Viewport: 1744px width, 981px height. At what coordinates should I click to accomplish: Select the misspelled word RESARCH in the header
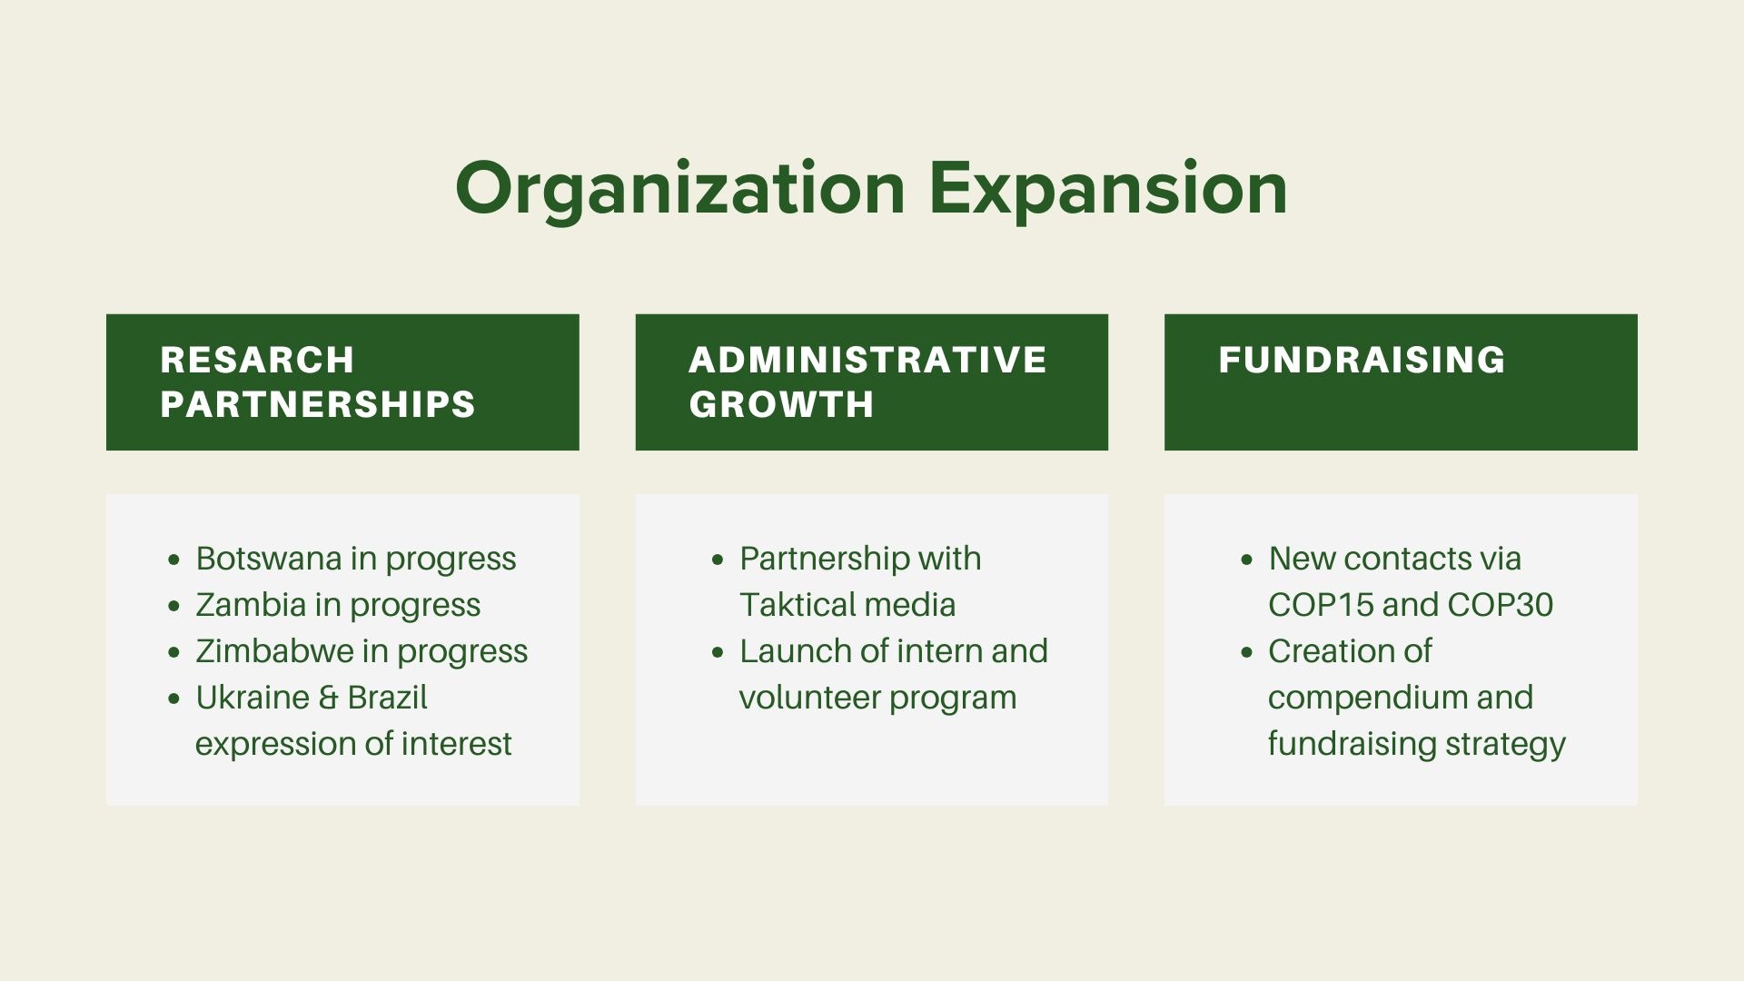click(257, 360)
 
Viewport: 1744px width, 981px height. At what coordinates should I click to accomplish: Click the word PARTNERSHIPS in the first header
click(318, 404)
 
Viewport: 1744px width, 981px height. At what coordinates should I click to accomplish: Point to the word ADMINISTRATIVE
click(868, 360)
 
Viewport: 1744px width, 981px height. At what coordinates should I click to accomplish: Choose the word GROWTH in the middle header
click(781, 404)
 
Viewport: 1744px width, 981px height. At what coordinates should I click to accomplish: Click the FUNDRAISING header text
click(1362, 360)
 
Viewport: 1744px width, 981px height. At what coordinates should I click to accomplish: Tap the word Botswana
click(269, 558)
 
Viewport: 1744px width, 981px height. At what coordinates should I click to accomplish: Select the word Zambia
click(251, 604)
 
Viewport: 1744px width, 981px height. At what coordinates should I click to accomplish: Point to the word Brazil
click(388, 697)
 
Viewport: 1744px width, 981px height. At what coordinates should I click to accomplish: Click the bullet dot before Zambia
click(174, 606)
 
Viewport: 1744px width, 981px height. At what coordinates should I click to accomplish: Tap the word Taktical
click(796, 604)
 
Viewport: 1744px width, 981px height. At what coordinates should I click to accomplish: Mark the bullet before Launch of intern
click(718, 652)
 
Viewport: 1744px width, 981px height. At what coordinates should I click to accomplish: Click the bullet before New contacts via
click(1247, 560)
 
